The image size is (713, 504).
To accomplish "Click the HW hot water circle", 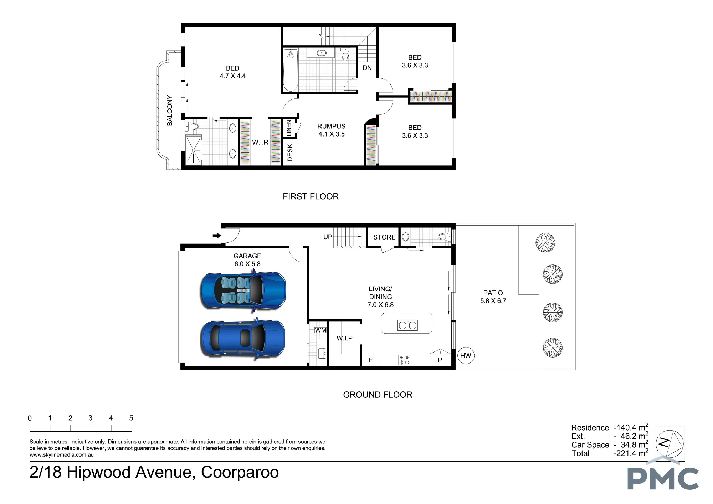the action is point(466,355).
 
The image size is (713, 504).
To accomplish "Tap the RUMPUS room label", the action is point(332,126).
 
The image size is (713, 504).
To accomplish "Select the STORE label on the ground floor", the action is point(384,237).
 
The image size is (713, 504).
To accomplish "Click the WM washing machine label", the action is point(320,330).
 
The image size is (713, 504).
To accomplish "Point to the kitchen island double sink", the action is point(407,325).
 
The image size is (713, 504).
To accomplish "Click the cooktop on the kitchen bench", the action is point(404,360).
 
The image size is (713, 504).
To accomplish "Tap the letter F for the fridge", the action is point(371,360).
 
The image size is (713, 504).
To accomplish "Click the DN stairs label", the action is point(367,68).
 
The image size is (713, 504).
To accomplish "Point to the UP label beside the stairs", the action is point(328,237).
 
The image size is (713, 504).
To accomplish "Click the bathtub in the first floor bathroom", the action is point(291,70).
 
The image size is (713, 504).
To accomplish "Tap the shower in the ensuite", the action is point(194,150).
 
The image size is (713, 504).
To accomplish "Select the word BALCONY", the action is point(170,110).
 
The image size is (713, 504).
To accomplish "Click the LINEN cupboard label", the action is point(289,128).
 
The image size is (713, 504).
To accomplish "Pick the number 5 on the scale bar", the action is point(131,418).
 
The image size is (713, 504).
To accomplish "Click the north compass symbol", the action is point(670,443).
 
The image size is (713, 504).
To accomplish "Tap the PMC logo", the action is point(663,476).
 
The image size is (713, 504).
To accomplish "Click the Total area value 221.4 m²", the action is point(631,453).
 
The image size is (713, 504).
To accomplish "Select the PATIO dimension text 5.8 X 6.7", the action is point(493,301).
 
